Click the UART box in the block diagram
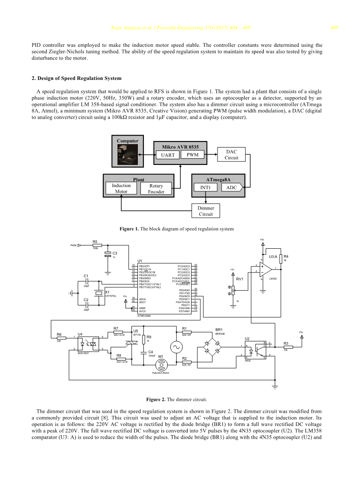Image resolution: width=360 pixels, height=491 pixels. [x=168, y=155]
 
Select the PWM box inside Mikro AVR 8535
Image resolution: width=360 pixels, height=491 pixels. [x=193, y=155]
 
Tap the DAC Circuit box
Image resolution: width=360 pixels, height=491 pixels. [x=231, y=154]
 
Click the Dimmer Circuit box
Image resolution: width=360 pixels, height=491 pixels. [x=206, y=211]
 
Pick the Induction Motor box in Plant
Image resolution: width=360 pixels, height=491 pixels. [x=121, y=188]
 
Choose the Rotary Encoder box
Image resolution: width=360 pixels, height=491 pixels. [x=156, y=189]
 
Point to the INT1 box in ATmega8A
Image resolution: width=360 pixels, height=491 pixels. [x=206, y=187]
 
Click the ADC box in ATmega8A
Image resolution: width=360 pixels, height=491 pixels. [x=231, y=187]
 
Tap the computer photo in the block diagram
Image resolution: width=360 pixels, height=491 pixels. [x=128, y=156]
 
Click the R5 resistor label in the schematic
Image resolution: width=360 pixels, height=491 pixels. [x=95, y=242]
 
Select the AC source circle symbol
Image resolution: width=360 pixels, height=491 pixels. [x=176, y=347]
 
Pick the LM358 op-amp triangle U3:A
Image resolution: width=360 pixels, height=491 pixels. [x=266, y=269]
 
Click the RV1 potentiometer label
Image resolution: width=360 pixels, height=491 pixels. [x=240, y=279]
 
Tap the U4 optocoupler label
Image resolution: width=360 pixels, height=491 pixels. [x=80, y=334]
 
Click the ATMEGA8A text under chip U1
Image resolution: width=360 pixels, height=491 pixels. [x=144, y=316]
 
